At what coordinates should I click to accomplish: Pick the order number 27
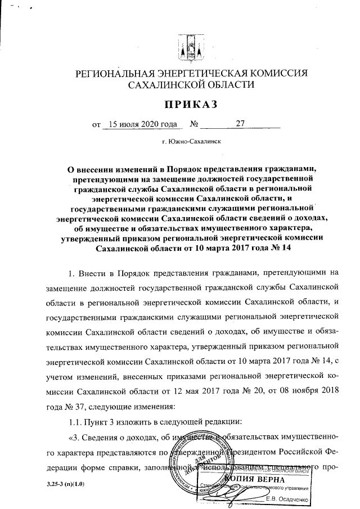pos(240,123)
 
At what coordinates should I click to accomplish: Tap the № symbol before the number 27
pos(196,124)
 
